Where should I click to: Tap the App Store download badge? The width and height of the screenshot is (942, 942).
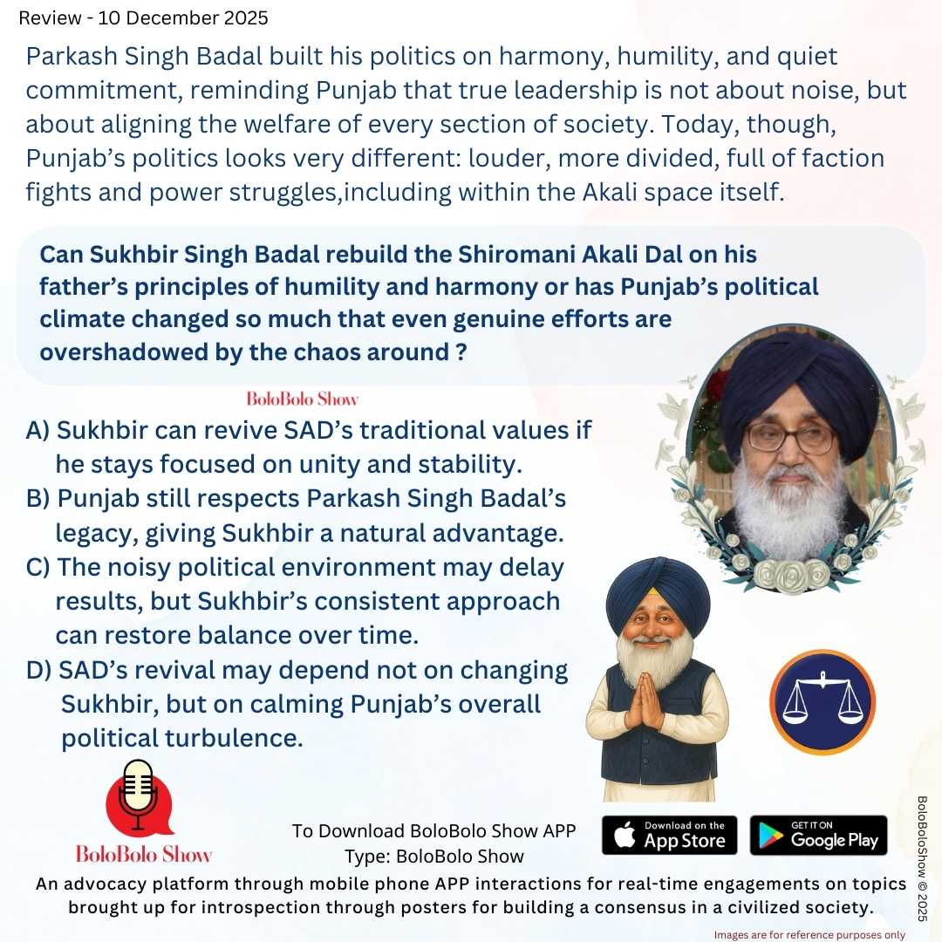tap(670, 835)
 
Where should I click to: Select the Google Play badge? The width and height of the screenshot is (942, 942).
tap(818, 835)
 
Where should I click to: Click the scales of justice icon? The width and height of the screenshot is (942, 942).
tap(823, 701)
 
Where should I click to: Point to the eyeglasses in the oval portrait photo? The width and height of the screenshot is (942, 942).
tap(790, 438)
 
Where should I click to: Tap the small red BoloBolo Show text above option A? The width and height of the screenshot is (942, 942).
tap(303, 399)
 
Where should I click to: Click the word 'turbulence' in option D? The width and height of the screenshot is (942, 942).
tap(235, 738)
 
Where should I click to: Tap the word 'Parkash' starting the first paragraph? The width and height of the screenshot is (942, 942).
tap(72, 58)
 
